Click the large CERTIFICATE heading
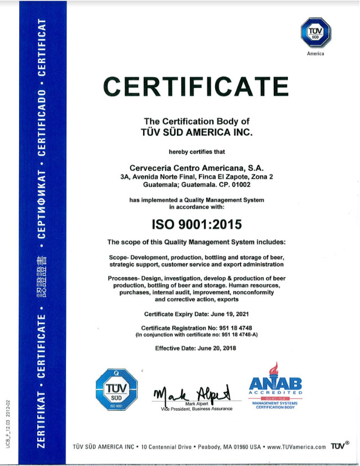197,86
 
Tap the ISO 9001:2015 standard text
197,224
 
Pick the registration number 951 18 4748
232,327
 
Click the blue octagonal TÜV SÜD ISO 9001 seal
117,389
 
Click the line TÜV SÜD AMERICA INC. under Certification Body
197,132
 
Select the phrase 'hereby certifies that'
197,152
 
